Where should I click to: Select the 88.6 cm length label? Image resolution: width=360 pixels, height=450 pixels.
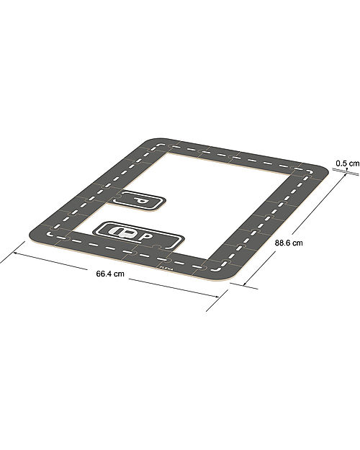coord(289,243)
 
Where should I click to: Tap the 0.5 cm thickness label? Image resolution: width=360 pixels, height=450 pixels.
coord(347,163)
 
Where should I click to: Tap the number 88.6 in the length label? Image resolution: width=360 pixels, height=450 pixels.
coord(284,243)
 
